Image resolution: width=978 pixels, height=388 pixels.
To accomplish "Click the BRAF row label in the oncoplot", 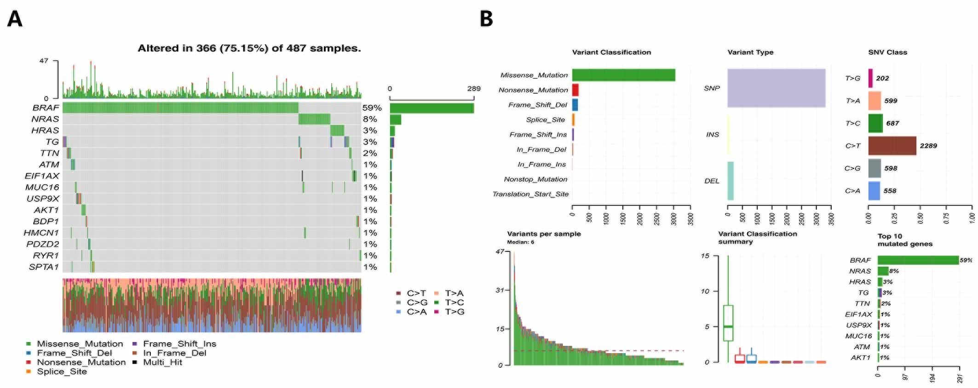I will (x=46, y=108).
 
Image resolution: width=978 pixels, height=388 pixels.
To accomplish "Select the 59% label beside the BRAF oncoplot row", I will (x=372, y=108).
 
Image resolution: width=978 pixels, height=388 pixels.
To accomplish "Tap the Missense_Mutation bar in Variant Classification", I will (x=623, y=75).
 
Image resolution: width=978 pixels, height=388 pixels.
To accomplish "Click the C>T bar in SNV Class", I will (x=892, y=146).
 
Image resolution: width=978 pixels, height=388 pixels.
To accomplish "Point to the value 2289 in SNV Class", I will (x=928, y=146).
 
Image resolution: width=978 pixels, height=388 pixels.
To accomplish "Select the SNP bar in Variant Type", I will (x=776, y=88).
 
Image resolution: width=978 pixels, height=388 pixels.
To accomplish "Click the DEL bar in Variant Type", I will (x=730, y=181).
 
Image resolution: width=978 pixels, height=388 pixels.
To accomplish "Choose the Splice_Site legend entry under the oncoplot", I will (x=61, y=371).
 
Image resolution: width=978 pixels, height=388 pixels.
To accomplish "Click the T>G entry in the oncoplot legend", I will (x=454, y=312).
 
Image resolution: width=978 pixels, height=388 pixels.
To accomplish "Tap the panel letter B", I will (x=486, y=19).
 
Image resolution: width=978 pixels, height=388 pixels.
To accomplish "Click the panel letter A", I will (x=15, y=19).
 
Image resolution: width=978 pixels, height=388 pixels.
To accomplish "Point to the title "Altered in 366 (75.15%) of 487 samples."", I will (x=249, y=48).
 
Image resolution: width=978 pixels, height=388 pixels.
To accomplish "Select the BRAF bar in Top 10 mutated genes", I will (x=918, y=260).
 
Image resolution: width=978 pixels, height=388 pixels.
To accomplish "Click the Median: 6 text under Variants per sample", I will (x=520, y=242).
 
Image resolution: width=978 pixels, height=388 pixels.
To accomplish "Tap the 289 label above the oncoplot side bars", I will (x=473, y=89).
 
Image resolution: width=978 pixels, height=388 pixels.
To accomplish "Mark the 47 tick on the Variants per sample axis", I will (x=500, y=251).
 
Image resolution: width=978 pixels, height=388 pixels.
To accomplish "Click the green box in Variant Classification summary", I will (x=728, y=323).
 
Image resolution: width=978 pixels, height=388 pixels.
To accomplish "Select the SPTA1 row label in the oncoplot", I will (x=44, y=267).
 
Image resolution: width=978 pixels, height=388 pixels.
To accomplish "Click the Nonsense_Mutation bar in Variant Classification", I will (x=575, y=90).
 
